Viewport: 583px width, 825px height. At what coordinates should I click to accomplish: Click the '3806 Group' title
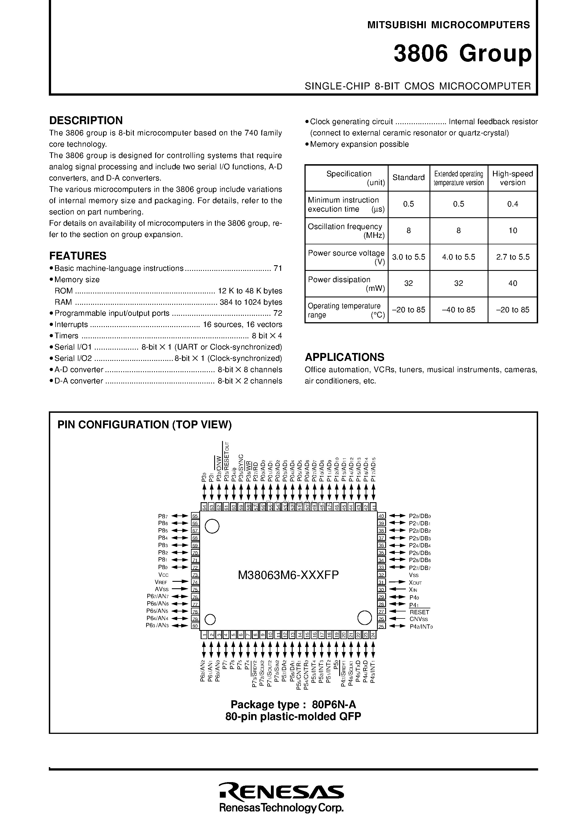point(462,54)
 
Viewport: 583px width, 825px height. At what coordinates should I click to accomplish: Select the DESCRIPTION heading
point(86,120)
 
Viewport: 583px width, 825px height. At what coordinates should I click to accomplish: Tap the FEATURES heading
point(78,256)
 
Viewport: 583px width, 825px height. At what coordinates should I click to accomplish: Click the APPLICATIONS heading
point(344,357)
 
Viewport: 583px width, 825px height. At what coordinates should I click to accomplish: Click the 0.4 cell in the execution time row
point(512,204)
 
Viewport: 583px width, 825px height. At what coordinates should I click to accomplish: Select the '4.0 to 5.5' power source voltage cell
point(458,257)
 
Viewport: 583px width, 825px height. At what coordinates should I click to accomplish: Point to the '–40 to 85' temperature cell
point(458,310)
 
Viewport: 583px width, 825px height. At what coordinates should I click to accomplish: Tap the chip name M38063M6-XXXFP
point(288,575)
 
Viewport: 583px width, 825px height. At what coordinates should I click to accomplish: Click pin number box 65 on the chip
point(195,516)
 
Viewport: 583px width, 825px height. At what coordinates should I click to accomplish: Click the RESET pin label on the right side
point(419,612)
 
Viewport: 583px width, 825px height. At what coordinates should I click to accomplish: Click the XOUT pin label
point(415,582)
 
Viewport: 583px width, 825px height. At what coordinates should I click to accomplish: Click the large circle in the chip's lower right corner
point(365,617)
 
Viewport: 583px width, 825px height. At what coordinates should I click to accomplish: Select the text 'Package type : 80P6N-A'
point(293,704)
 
